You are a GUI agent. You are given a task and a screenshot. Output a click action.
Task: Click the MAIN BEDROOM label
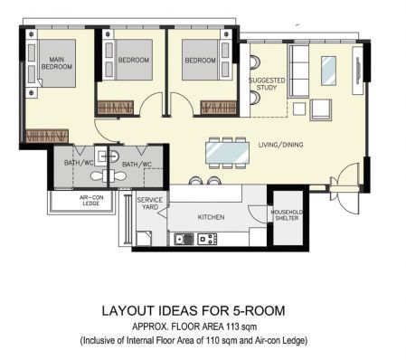click(57, 63)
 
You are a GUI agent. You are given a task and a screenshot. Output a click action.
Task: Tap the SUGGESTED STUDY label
click(267, 84)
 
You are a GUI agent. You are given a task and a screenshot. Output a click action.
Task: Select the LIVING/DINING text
click(280, 145)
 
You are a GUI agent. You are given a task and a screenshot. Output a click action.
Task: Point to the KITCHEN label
click(211, 217)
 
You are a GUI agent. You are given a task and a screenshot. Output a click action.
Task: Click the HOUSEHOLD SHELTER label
click(287, 215)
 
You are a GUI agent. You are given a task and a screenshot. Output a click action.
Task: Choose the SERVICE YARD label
click(150, 204)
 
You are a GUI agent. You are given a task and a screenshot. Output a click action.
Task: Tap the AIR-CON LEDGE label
click(91, 201)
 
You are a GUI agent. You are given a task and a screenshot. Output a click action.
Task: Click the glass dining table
click(228, 153)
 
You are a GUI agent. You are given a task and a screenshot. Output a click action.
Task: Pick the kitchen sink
click(184, 240)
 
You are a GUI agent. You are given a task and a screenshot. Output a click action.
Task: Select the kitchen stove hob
click(207, 240)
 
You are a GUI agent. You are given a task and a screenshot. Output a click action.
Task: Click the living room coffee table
click(328, 71)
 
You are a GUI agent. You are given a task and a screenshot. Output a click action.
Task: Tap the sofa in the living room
click(298, 71)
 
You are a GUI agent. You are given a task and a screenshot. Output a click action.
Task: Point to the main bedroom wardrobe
click(47, 137)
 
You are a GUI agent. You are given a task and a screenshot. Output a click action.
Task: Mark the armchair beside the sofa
click(320, 110)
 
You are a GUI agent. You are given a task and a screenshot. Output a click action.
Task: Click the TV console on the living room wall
click(358, 71)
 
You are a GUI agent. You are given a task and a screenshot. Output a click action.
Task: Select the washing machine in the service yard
click(144, 239)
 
